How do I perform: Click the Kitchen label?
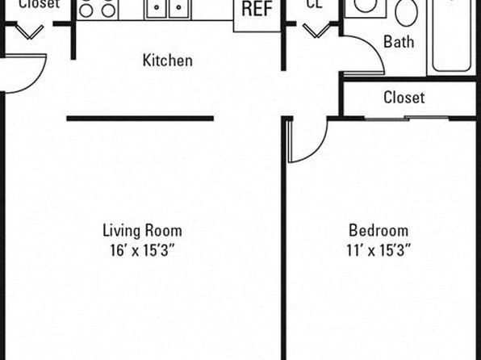tap(168, 61)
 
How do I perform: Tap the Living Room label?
tap(142, 231)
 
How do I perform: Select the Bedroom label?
tap(379, 231)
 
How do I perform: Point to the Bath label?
tap(399, 41)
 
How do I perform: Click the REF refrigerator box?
tap(257, 15)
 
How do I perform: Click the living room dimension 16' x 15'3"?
tap(142, 250)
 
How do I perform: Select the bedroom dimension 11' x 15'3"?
tap(379, 250)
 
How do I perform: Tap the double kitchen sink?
tap(168, 9)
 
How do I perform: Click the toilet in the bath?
tap(407, 13)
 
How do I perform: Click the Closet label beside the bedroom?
tap(404, 98)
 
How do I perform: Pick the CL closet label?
tap(315, 4)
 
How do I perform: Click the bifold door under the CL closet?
tap(316, 31)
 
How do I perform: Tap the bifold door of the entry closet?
tap(29, 32)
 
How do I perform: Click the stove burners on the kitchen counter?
tap(97, 9)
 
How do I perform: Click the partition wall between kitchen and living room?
tap(140, 119)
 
